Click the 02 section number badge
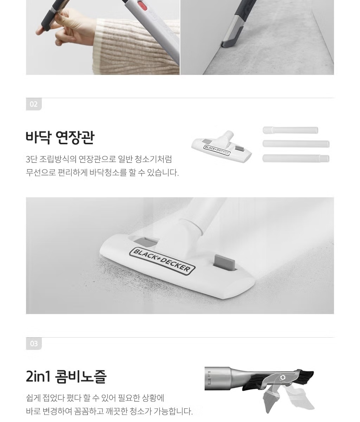(x=34, y=104)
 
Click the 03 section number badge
(x=34, y=344)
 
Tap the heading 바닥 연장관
(x=60, y=138)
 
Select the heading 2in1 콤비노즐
(x=66, y=376)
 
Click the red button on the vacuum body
(x=142, y=6)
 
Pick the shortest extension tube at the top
(x=290, y=130)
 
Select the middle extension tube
(x=296, y=144)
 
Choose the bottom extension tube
(x=296, y=159)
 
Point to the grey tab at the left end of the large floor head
(x=146, y=241)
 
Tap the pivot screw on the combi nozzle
(x=283, y=377)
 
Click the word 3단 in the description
(x=31, y=159)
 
